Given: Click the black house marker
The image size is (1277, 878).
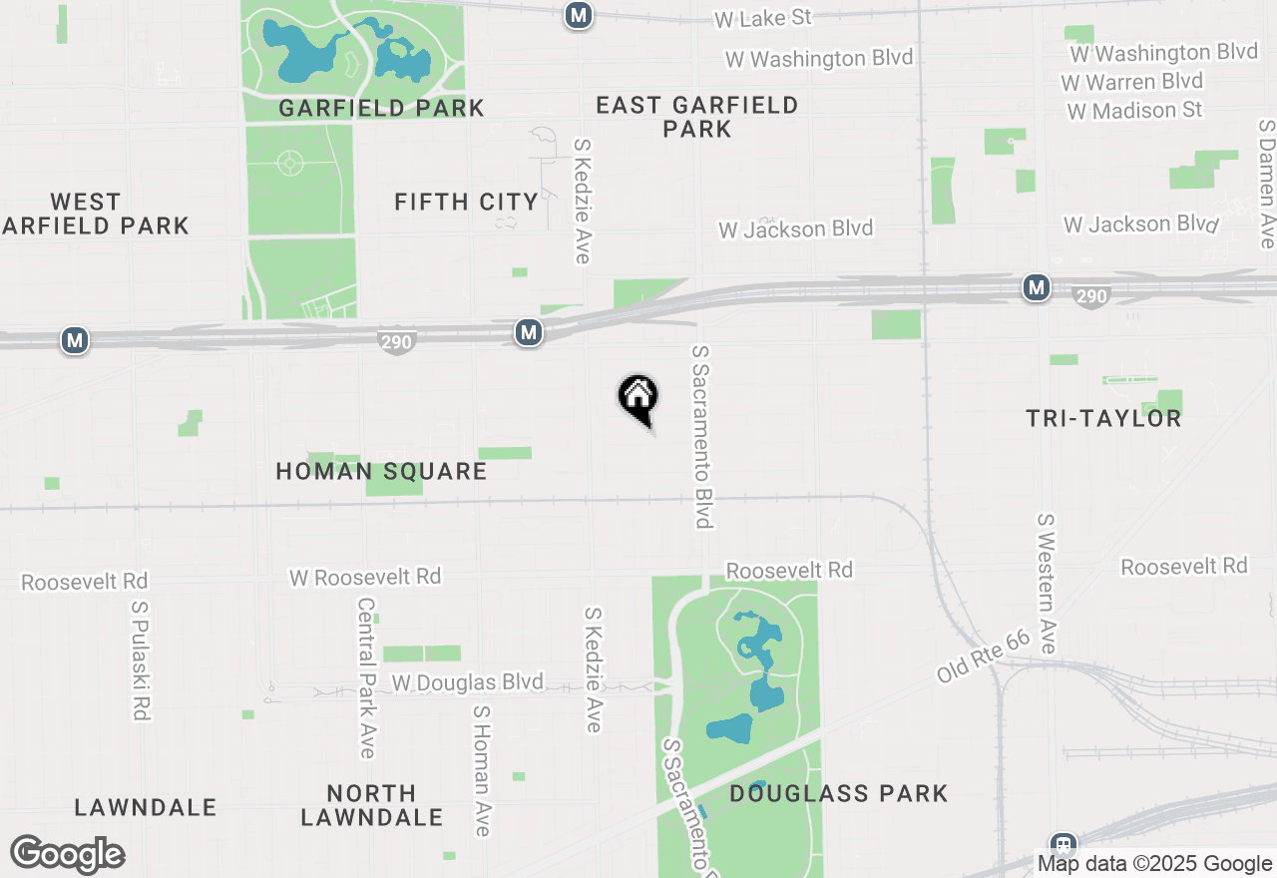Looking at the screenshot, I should tap(638, 398).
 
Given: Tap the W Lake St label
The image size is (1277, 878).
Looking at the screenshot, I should tap(764, 18).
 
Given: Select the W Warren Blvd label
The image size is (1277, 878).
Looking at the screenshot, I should tap(1132, 81).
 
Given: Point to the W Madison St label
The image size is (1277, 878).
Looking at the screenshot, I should tap(1134, 110).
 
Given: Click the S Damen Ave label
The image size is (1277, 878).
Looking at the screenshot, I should tap(1266, 185).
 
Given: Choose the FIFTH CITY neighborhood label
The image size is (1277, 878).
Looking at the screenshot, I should tap(467, 202).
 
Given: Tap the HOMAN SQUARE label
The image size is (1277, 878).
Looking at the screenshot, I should tap(381, 471).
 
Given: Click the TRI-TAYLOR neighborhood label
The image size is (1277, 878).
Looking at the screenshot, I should tap(1103, 418).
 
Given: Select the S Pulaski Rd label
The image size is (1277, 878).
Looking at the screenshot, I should tap(140, 659).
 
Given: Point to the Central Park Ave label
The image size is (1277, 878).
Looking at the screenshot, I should tap(366, 677).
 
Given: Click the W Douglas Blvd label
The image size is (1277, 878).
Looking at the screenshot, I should tap(468, 682).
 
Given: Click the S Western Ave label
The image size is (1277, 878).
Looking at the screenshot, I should tap(1046, 584).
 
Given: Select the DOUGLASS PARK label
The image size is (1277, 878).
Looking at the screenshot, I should tap(838, 794).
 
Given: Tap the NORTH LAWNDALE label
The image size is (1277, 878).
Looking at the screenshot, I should tap(371, 805).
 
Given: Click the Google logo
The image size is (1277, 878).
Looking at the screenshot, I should tap(67, 854).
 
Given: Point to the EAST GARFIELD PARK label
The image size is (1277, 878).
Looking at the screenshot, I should tap(697, 117).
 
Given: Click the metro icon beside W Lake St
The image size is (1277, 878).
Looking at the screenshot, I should tap(579, 15).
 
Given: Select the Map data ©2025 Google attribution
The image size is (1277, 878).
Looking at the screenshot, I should tap(1154, 864).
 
